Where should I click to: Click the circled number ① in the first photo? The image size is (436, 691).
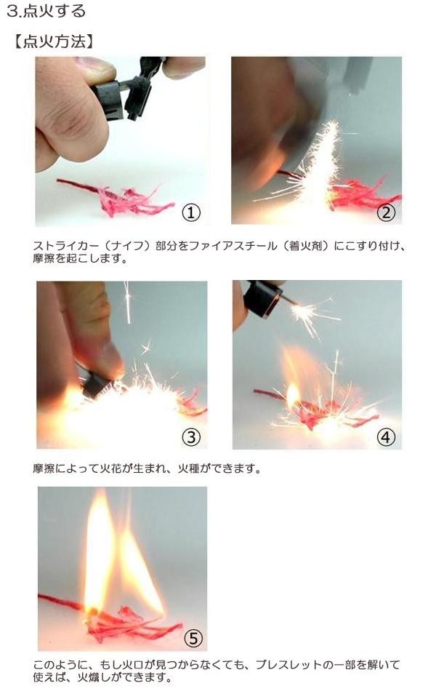(x=191, y=213)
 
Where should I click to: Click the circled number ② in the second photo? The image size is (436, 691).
(x=387, y=213)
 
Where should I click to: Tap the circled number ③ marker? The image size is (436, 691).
(x=191, y=437)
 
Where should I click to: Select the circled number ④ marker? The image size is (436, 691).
(x=387, y=437)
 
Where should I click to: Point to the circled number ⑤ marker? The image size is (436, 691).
(x=193, y=638)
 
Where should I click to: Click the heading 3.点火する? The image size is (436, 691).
(x=47, y=11)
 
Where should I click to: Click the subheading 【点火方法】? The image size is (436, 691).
(x=54, y=41)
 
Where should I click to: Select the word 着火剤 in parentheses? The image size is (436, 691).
(x=306, y=246)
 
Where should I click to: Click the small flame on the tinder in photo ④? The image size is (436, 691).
(x=293, y=394)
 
